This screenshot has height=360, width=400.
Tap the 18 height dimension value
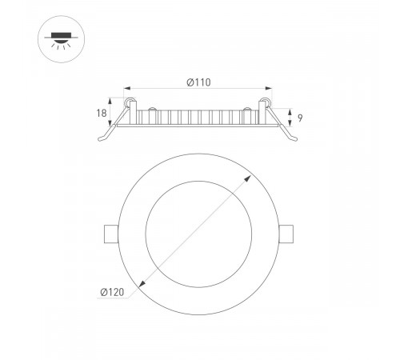(x=102, y=114)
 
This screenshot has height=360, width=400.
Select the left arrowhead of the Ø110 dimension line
(x=128, y=89)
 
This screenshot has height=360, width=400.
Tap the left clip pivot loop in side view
(x=128, y=102)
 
